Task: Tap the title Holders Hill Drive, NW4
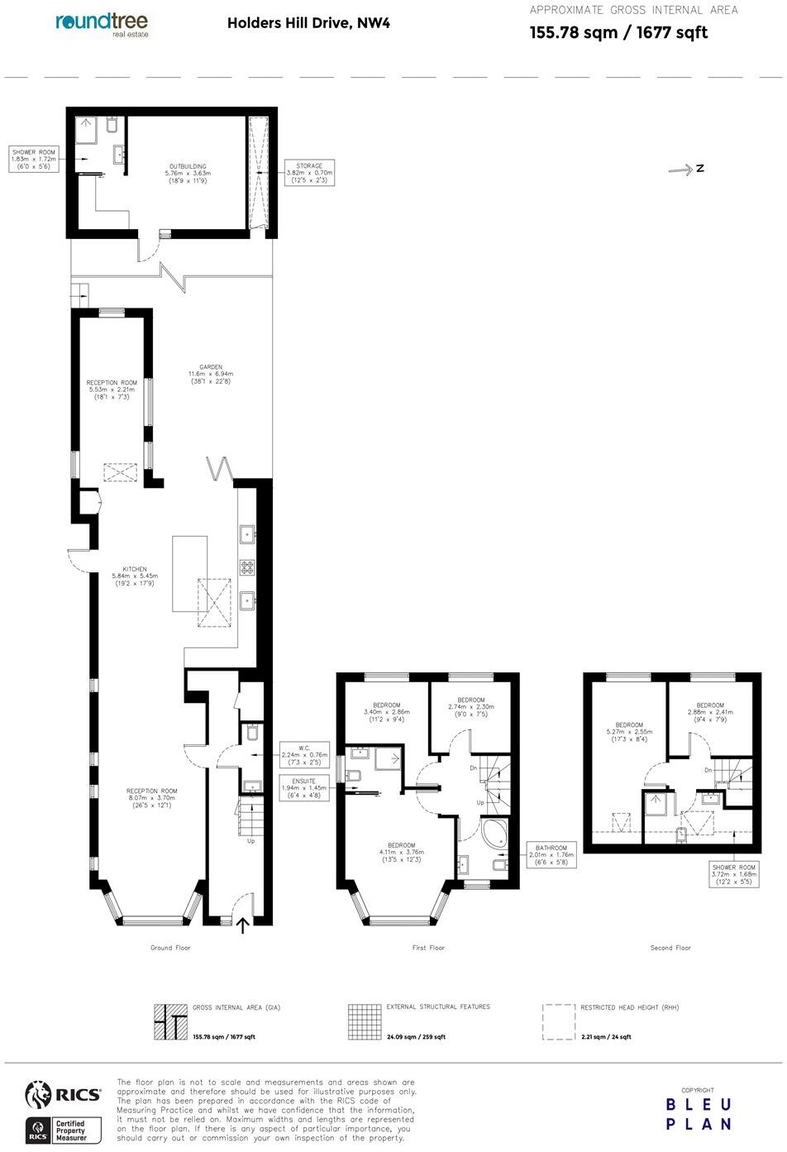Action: [308, 23]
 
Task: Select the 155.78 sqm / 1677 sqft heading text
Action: [618, 33]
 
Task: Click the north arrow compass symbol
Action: [685, 169]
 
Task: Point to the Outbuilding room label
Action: [188, 173]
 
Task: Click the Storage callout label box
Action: [309, 172]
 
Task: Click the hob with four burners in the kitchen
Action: [247, 567]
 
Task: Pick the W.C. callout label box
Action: [304, 754]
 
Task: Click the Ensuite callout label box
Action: [304, 788]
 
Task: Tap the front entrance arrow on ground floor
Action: [243, 925]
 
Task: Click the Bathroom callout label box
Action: [551, 854]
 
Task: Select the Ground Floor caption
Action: [170, 948]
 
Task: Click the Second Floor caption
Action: [670, 948]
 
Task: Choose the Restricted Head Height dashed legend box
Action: [559, 1022]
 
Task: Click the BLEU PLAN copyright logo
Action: [699, 1114]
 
